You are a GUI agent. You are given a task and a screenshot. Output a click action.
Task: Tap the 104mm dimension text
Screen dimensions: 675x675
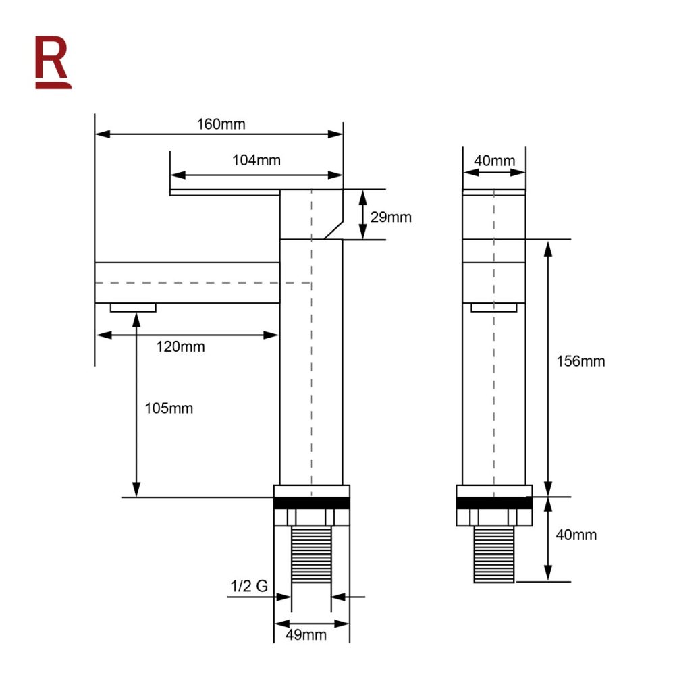pyautogui.click(x=256, y=161)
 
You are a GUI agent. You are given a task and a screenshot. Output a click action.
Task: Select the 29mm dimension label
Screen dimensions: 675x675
pyautogui.click(x=391, y=217)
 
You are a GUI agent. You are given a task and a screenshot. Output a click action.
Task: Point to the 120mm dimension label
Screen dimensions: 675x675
pyautogui.click(x=181, y=347)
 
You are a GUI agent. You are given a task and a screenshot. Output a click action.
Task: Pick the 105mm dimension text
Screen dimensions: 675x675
pyautogui.click(x=169, y=408)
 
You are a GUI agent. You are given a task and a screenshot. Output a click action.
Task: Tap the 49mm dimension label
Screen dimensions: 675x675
pyautogui.click(x=307, y=634)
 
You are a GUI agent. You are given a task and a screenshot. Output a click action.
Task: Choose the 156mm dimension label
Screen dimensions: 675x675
pyautogui.click(x=580, y=360)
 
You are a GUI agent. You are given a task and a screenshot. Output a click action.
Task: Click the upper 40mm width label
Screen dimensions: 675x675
pyautogui.click(x=494, y=161)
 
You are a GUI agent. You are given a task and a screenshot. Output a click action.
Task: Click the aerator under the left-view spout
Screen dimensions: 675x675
pyautogui.click(x=133, y=308)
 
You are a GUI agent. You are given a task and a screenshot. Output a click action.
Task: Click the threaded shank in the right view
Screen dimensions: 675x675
pyautogui.click(x=495, y=553)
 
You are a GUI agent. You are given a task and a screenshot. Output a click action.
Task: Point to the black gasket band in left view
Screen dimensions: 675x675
pyautogui.click(x=312, y=503)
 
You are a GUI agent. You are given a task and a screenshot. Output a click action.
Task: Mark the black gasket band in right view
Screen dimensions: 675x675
pyautogui.click(x=495, y=503)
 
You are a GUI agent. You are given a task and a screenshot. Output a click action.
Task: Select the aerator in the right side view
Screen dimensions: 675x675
pyautogui.click(x=494, y=308)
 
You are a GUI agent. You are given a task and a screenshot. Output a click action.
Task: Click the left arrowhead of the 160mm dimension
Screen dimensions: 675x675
pyautogui.click(x=100, y=134)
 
